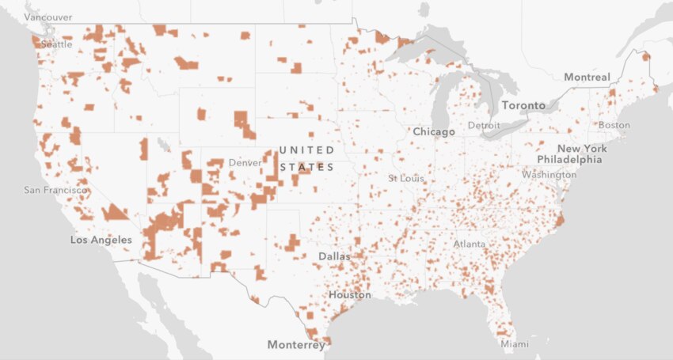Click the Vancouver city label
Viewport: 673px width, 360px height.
point(48,17)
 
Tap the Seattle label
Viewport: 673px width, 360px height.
point(56,44)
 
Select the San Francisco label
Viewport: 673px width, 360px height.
point(55,190)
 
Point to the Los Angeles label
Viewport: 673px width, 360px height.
point(101,239)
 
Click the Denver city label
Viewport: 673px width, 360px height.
point(245,162)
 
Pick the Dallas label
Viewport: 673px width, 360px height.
point(334,256)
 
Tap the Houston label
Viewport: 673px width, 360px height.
point(349,295)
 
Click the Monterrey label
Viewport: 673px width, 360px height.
point(295,345)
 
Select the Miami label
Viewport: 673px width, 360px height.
point(514,344)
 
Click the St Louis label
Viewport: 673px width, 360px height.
point(406,178)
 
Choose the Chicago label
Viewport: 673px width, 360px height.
point(433,131)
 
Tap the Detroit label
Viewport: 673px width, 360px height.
point(484,126)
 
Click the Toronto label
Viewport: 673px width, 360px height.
point(523,105)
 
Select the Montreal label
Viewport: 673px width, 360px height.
point(587,77)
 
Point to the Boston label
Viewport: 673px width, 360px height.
point(614,125)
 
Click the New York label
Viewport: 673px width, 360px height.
point(582,149)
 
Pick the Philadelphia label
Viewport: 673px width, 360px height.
point(568,160)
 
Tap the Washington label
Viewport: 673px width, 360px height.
point(549,174)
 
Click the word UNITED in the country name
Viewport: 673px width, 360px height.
point(306,150)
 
